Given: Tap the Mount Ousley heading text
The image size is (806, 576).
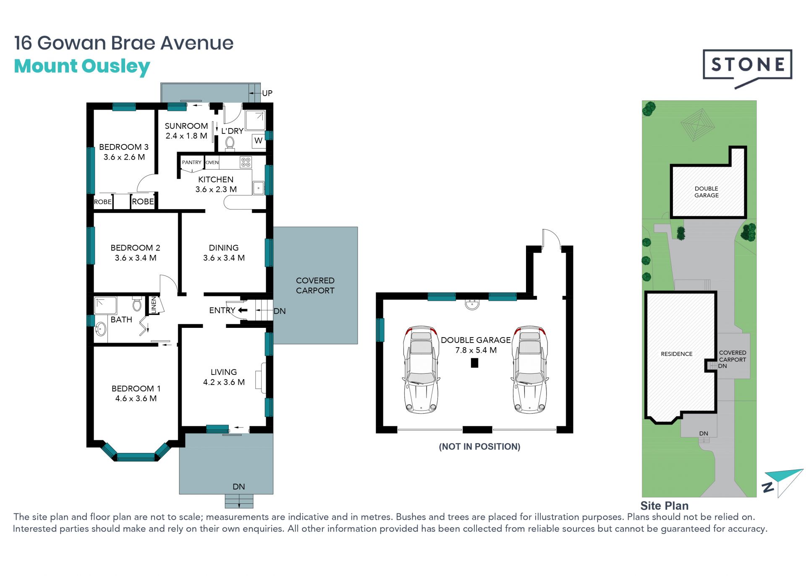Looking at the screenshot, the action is [x=82, y=66].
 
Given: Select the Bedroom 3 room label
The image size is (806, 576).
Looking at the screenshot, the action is [x=124, y=152].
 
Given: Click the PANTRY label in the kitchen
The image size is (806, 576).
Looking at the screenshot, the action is [x=191, y=162].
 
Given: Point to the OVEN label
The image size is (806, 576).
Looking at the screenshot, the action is [x=212, y=162].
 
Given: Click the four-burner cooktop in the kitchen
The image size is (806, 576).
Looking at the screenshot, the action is [x=246, y=162].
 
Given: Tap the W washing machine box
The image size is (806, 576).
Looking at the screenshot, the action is [x=258, y=141].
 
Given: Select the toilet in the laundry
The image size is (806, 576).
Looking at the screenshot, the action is [x=230, y=143].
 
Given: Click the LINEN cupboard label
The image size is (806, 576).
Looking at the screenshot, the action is [x=154, y=305].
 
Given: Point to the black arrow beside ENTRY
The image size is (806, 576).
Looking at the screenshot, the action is [x=243, y=310].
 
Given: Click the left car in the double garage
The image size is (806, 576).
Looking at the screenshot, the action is [x=421, y=369].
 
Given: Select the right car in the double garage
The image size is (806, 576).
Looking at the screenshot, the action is [x=530, y=369].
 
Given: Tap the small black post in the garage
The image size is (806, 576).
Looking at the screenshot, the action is [x=474, y=363].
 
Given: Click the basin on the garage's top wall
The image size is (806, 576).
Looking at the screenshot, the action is [x=472, y=304].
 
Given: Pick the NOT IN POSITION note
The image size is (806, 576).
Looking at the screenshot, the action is [x=479, y=447].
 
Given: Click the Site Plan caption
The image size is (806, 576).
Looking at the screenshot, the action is [x=664, y=506].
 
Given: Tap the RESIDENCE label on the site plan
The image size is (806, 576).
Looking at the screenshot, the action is [x=676, y=354].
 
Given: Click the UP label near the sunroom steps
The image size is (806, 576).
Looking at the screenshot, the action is [x=267, y=93].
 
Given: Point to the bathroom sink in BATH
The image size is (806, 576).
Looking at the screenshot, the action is [x=100, y=329].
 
